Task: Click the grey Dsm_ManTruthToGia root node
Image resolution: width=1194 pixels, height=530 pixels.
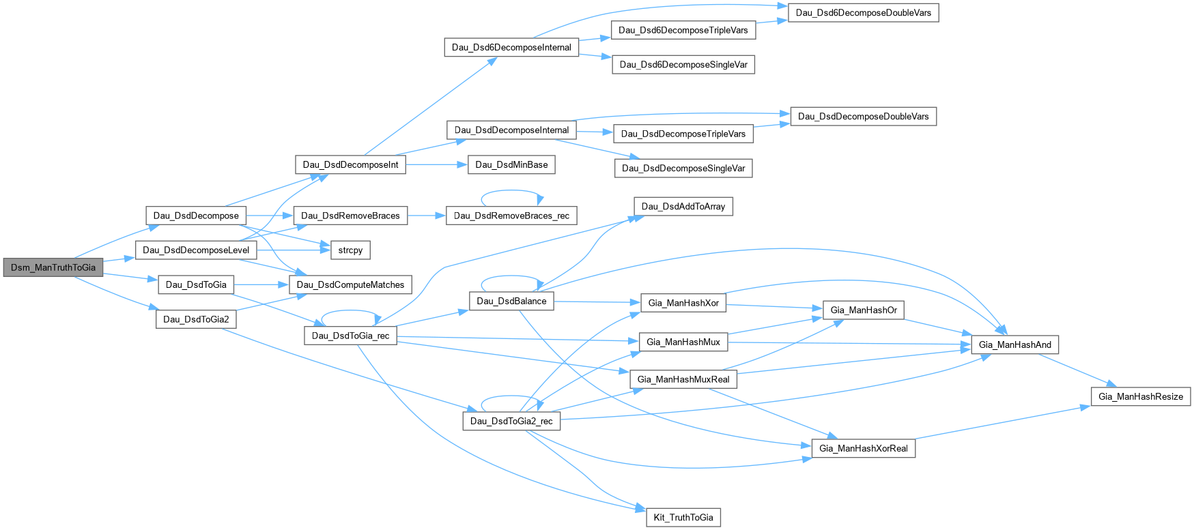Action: pos(53,267)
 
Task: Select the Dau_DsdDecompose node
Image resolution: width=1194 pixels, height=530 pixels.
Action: pos(196,216)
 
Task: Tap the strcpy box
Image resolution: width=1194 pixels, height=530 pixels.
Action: pos(350,250)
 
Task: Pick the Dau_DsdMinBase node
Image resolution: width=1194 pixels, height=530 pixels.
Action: pos(511,164)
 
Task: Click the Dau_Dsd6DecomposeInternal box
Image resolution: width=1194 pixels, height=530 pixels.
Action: pos(511,47)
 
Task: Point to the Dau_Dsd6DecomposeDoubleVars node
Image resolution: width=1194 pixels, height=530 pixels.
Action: pos(864,13)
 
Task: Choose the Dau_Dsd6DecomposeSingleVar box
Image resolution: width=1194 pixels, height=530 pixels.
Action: pos(683,65)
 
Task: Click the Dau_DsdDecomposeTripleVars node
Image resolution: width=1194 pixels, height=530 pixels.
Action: pos(683,134)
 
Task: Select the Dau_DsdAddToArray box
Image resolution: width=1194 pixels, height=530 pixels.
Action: pos(683,207)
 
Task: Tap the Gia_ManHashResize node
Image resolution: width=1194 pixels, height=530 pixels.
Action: pos(1141,396)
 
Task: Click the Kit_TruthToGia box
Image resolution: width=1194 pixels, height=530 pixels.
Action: pos(683,518)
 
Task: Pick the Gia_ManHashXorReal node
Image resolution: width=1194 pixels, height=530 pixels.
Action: pos(864,448)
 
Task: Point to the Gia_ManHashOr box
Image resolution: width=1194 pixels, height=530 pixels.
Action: pos(864,310)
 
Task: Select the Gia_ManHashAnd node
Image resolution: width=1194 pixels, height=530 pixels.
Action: pos(1015,344)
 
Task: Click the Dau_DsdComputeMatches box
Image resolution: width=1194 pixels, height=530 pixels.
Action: pos(350,285)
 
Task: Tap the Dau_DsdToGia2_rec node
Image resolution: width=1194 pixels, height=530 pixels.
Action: pos(511,421)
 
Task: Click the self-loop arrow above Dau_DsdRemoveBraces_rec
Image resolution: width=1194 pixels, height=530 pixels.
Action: pos(511,191)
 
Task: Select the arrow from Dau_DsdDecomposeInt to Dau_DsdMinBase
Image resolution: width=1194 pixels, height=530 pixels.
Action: pos(437,164)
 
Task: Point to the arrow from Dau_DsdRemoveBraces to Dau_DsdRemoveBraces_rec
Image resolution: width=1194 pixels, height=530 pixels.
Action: pos(427,216)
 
